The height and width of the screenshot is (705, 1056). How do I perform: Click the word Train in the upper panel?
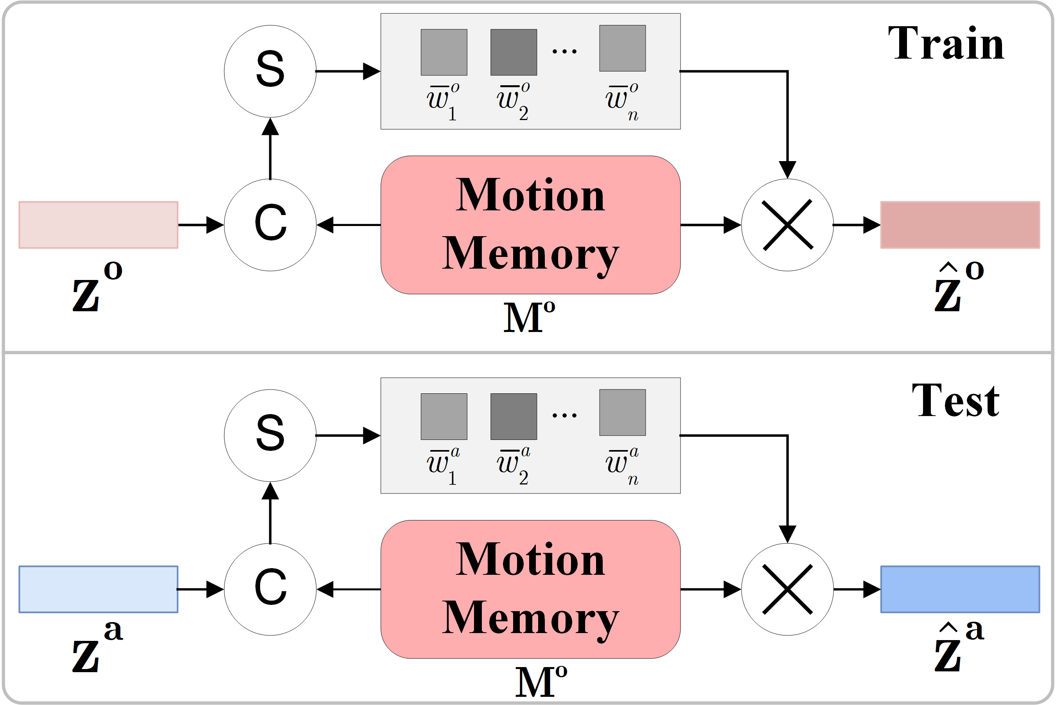tap(946, 44)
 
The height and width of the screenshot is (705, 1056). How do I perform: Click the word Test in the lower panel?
tap(955, 401)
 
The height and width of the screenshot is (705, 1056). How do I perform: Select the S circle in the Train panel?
tap(270, 71)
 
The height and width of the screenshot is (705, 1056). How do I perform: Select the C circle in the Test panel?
tap(270, 589)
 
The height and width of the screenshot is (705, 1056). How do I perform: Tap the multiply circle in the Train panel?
tap(787, 225)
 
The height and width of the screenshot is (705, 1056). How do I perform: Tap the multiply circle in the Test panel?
tap(787, 589)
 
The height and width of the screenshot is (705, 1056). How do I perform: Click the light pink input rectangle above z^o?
tap(98, 225)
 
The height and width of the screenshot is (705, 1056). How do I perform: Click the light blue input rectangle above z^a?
tap(98, 589)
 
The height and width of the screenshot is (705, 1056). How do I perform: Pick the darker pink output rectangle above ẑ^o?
tap(960, 225)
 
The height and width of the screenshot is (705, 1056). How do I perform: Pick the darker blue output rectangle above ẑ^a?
tap(960, 589)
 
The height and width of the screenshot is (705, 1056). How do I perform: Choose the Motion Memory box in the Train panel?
tap(530, 225)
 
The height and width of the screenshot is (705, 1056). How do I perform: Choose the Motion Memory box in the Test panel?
tap(530, 589)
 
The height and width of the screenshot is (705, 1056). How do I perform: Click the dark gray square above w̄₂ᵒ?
tap(514, 52)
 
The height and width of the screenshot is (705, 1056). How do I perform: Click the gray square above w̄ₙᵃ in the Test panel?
tap(622, 412)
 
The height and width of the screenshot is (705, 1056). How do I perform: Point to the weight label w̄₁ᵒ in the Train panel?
tap(443, 102)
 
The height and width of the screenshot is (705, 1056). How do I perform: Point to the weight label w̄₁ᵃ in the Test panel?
tap(443, 466)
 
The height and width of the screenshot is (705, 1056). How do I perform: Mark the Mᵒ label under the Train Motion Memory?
tap(529, 317)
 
